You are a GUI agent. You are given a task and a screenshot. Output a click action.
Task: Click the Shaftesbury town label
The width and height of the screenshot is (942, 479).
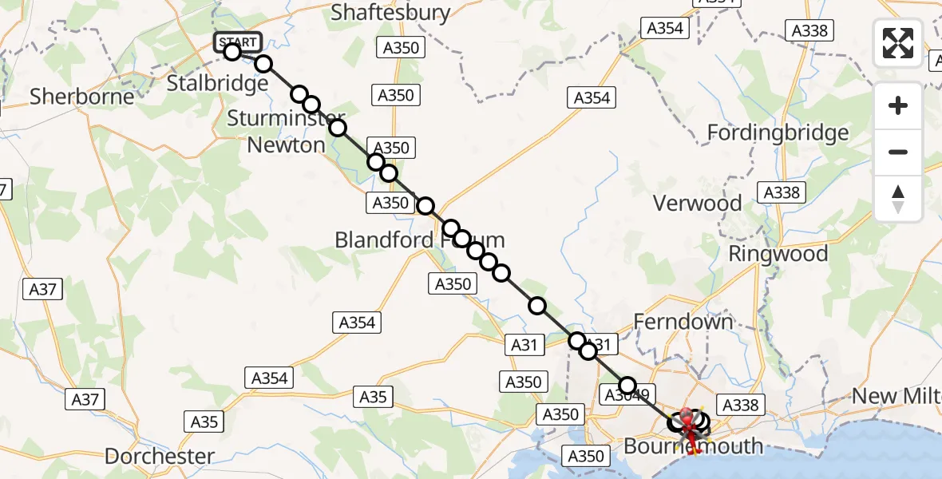coord(390,13)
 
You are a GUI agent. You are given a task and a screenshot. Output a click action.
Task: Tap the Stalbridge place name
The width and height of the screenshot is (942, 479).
coord(217,83)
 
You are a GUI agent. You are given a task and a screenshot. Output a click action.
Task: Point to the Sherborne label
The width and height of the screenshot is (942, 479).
coord(82,97)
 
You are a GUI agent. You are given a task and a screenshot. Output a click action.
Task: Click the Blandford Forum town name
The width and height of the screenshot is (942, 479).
coord(419,239)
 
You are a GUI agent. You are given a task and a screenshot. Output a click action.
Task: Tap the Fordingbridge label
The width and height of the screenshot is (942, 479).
coord(778,132)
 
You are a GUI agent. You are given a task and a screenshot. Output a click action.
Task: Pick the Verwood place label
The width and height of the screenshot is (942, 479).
coord(698,203)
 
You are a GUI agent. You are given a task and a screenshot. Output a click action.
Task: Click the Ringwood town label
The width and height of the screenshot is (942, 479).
coord(778,254)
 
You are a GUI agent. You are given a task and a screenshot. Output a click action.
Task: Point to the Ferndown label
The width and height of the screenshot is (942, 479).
coord(683,322)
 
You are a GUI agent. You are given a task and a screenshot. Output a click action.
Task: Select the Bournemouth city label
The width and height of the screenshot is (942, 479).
coord(693,446)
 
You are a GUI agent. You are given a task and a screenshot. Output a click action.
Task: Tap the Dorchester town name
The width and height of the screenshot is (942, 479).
coord(160,457)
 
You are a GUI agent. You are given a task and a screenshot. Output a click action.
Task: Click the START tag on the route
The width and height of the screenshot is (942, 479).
coord(237,42)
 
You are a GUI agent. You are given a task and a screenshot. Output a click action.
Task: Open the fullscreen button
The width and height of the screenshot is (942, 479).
coord(898,43)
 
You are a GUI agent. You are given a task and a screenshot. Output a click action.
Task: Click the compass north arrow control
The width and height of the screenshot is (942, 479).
coord(898,199)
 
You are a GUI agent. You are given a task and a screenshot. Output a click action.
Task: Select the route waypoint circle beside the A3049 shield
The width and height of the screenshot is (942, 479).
coord(627,386)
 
